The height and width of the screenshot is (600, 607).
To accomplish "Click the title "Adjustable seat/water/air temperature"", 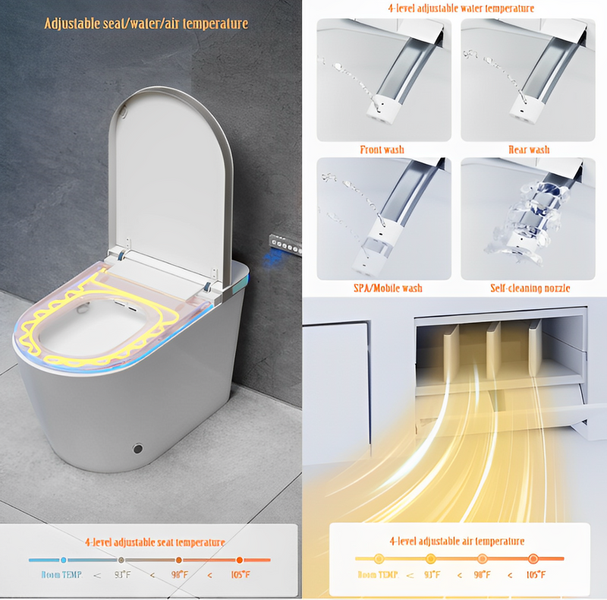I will pyautogui.click(x=146, y=24).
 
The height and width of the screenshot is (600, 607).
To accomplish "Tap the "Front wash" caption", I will pyautogui.click(x=382, y=150).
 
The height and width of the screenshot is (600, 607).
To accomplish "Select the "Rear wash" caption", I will pyautogui.click(x=528, y=150).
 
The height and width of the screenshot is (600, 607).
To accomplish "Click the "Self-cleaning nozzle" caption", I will pyautogui.click(x=530, y=288).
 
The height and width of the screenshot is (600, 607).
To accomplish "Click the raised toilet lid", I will pyautogui.click(x=171, y=175).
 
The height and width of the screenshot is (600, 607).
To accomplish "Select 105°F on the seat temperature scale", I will pyautogui.click(x=239, y=575).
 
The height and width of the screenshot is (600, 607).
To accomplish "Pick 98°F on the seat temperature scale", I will pyautogui.click(x=180, y=575).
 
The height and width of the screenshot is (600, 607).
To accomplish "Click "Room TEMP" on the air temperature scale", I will pyautogui.click(x=377, y=575).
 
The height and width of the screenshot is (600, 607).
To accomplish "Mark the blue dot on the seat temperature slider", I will pyautogui.click(x=64, y=560).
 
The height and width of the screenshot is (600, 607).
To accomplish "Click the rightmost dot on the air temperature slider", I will pyautogui.click(x=533, y=559).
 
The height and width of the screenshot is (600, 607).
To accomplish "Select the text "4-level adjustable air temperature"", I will pyautogui.click(x=456, y=541).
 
